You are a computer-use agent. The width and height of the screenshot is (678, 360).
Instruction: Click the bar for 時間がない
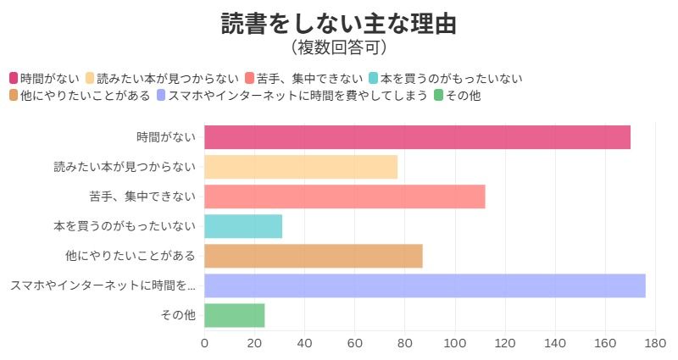[417, 137]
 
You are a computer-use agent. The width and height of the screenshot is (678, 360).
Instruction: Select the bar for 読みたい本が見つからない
[301, 167]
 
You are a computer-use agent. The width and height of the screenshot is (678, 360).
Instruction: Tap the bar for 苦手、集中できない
[344, 197]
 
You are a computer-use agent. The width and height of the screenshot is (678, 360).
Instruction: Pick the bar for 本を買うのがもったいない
[243, 226]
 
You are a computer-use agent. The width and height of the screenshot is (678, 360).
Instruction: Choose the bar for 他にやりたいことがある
[314, 256]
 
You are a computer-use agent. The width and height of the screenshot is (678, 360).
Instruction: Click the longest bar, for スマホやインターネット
[425, 285]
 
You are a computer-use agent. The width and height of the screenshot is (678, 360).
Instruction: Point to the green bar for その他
[235, 315]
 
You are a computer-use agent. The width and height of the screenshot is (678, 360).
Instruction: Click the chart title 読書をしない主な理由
[339, 23]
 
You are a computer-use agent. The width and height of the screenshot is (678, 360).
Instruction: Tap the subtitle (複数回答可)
[339, 47]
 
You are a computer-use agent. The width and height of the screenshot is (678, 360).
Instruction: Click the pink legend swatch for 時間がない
[14, 79]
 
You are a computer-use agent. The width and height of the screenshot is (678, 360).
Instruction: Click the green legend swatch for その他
[438, 96]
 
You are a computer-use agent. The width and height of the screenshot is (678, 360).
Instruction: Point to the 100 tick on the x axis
[455, 343]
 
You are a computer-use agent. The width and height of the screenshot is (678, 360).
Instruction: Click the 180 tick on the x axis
[655, 343]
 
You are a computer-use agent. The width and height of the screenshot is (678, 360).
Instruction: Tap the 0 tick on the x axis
[204, 343]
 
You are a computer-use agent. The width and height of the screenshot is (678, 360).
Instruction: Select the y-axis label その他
[178, 315]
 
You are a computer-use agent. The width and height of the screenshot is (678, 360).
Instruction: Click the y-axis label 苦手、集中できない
[142, 197]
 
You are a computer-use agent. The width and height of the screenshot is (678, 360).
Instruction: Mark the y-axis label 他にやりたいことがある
[131, 256]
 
